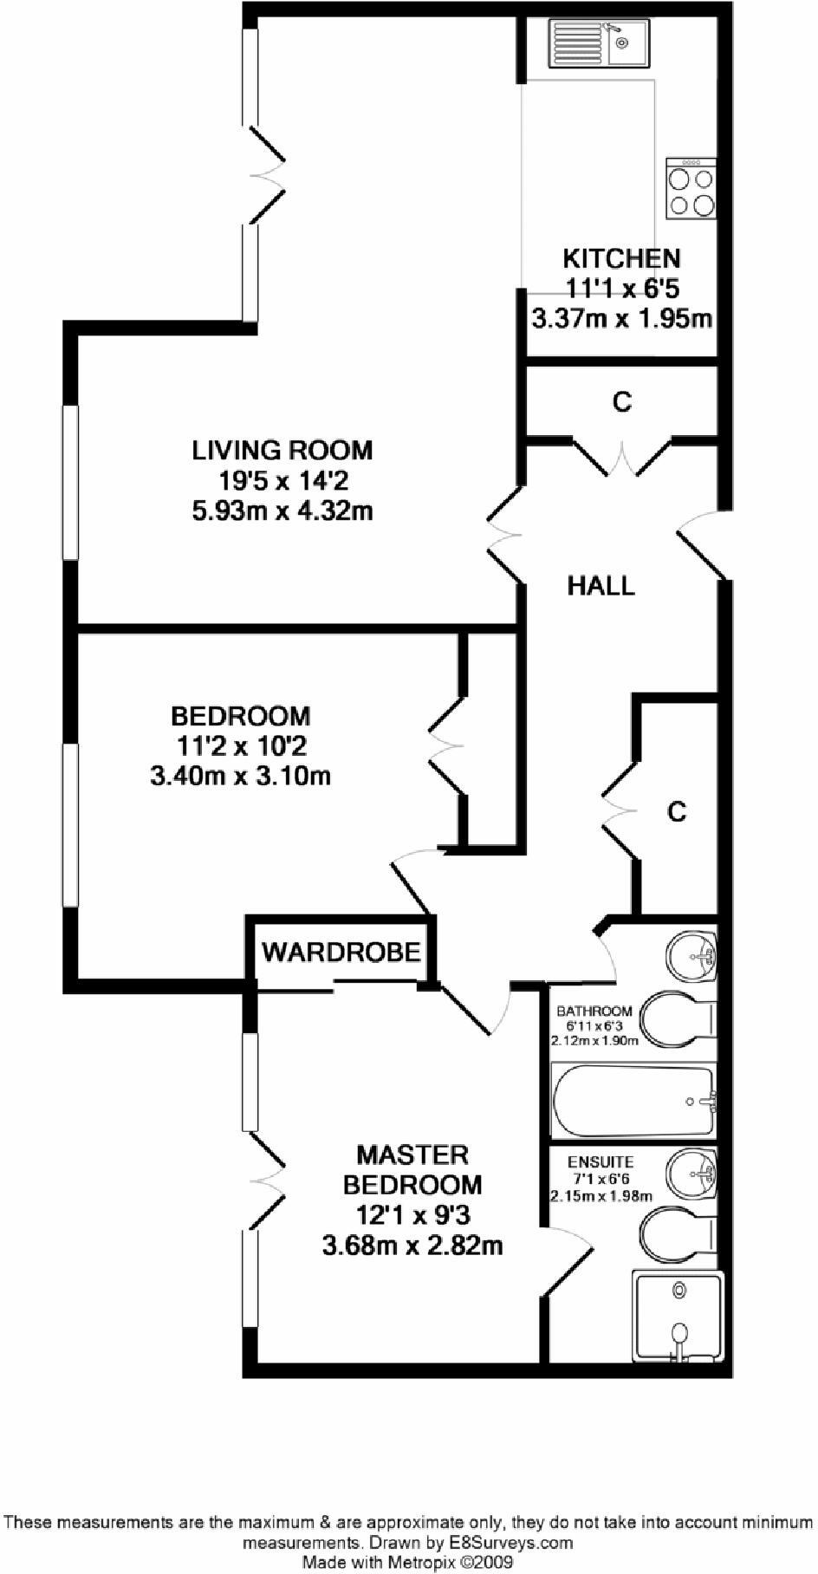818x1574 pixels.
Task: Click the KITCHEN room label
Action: point(621,258)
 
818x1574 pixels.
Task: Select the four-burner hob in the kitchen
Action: point(691,188)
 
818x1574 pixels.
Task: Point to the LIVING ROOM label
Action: point(282,451)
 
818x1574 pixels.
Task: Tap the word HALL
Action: point(601,586)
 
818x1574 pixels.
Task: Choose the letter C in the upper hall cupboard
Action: point(622,402)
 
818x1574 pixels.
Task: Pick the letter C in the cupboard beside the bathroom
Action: point(677,811)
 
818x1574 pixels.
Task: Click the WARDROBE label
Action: point(341,952)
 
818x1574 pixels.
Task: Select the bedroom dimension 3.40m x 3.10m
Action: point(240,774)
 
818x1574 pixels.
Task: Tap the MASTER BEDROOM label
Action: point(412,1169)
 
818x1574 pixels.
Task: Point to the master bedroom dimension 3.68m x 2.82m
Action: point(412,1246)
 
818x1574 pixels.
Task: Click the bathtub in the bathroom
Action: point(634,1101)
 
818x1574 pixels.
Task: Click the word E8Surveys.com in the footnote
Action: point(510,1543)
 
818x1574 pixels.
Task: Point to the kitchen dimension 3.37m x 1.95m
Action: point(621,318)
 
